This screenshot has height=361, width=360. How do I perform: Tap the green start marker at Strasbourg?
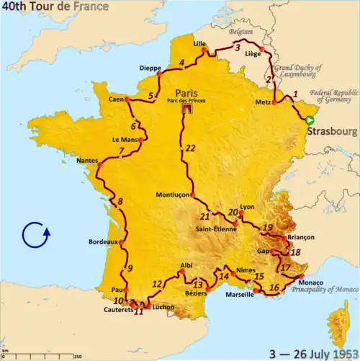point(309,120)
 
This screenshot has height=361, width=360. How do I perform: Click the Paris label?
point(186,93)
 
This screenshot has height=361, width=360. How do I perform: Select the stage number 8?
point(120,202)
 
